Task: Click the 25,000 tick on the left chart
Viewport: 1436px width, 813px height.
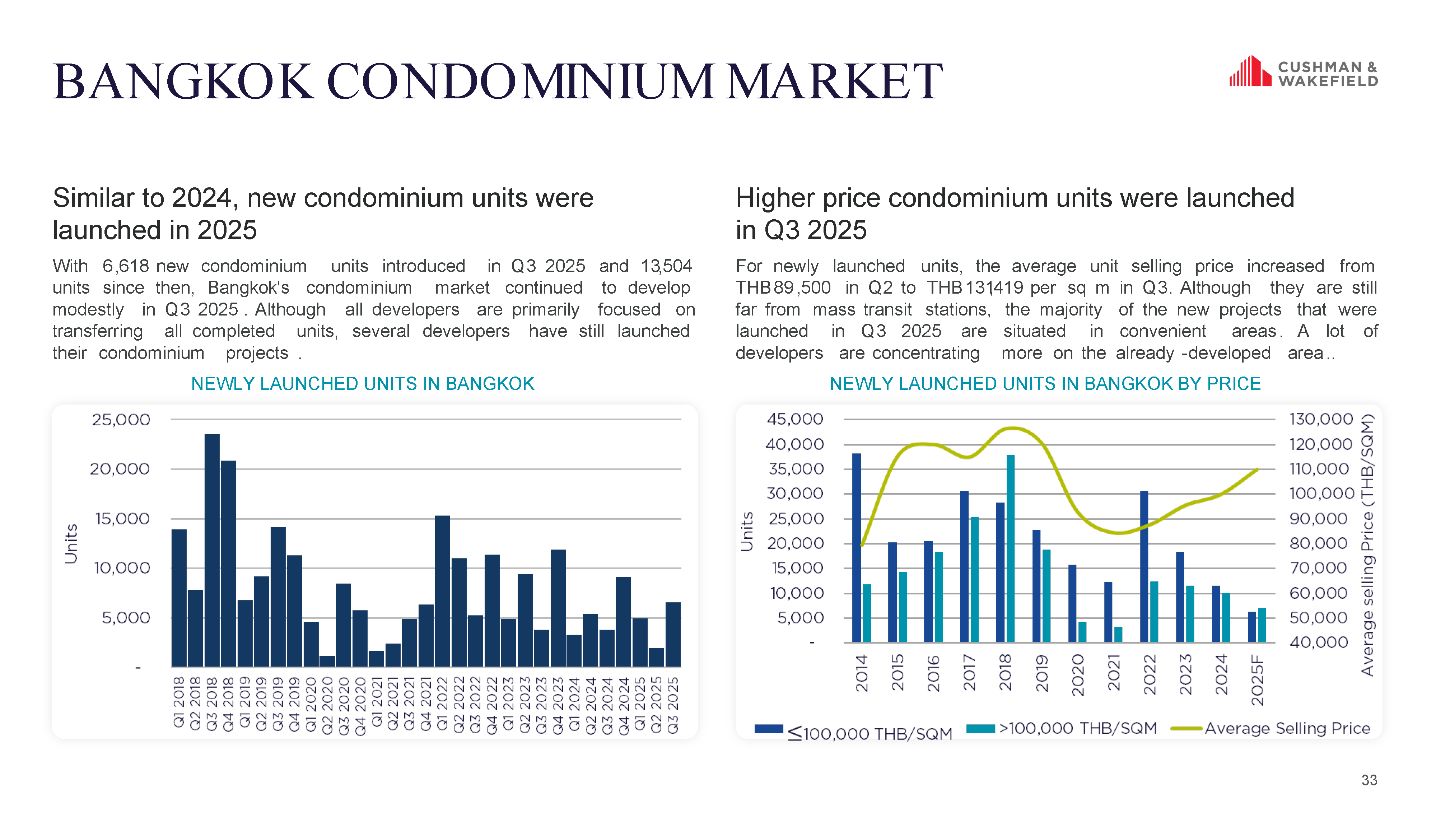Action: pos(121,420)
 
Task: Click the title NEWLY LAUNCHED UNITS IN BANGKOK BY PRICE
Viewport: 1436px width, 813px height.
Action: pos(1045,384)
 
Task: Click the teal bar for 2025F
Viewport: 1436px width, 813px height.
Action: pos(1261,625)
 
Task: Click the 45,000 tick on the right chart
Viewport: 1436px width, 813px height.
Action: pos(795,419)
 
